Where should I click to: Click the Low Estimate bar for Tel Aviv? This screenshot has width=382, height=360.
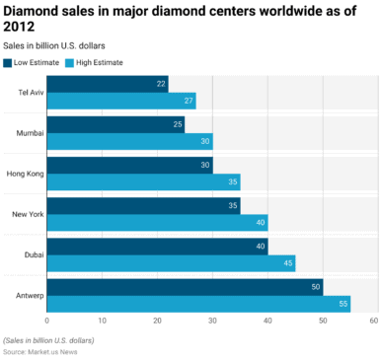[107, 84]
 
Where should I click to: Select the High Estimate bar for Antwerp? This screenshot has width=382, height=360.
[197, 304]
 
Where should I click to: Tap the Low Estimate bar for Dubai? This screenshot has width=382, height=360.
[156, 247]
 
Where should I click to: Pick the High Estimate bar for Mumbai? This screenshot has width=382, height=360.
[128, 141]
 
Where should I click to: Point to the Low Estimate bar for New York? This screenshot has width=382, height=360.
[143, 206]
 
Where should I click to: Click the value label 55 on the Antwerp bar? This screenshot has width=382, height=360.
[343, 304]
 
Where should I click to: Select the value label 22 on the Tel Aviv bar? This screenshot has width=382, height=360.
[161, 84]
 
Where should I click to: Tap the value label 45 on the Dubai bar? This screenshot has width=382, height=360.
[287, 263]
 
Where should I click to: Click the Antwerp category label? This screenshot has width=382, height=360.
[27, 295]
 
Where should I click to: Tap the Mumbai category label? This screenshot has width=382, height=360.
[28, 132]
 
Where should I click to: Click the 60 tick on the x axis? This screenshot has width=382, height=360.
[373, 322]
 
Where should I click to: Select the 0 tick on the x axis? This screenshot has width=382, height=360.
[47, 322]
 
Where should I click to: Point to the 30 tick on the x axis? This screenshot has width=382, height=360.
[211, 322]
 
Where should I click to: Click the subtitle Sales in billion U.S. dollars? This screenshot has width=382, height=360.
[55, 45]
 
